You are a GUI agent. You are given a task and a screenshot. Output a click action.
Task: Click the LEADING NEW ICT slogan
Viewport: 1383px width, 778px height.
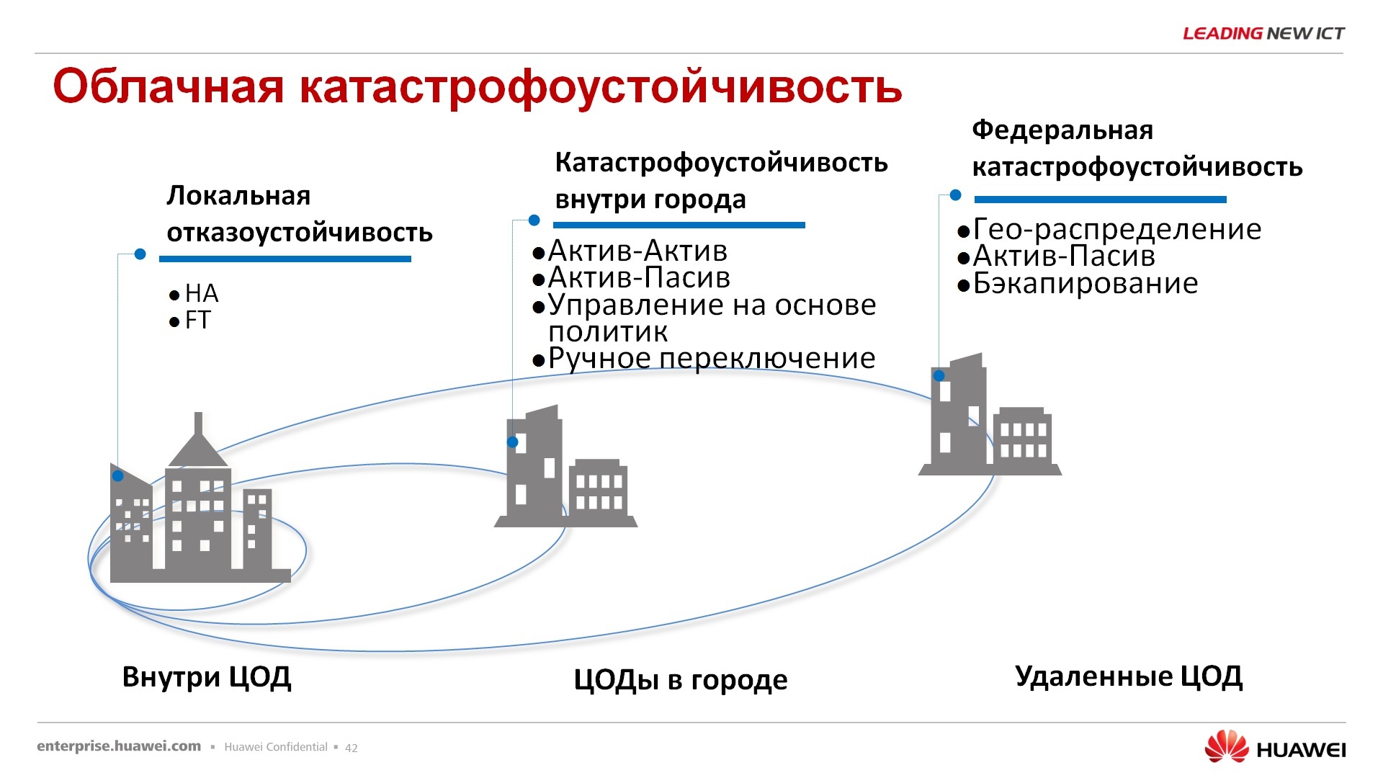pos(1263,33)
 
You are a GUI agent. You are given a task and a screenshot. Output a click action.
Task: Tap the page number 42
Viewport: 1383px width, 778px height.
pos(352,748)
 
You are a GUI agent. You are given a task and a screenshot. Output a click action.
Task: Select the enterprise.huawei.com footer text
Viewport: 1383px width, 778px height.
pos(119,746)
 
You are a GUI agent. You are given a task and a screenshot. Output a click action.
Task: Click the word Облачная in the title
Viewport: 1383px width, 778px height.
pos(169,86)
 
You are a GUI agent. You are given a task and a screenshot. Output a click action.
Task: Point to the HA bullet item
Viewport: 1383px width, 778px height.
pos(201,294)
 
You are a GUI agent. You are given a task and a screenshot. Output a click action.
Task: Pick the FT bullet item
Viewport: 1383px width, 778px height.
pos(197,321)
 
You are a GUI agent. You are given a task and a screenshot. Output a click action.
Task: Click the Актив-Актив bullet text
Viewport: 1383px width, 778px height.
pos(637,251)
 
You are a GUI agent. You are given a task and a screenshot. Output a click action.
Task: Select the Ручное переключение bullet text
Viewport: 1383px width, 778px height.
pos(712,359)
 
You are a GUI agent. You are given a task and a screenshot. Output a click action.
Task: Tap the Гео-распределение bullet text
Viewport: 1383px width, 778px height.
pos(1116,230)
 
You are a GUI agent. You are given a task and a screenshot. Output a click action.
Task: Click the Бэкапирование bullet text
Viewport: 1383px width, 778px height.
pos(1085,284)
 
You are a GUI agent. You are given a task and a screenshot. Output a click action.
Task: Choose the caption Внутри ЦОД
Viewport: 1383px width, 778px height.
pos(207,677)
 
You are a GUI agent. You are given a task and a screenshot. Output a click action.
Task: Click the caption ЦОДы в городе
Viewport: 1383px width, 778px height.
pos(681,680)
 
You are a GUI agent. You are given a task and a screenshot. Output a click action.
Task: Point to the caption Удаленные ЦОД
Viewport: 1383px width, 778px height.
pos(1129,676)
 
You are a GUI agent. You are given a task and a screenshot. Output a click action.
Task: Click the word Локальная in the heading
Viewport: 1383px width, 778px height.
pos(238,196)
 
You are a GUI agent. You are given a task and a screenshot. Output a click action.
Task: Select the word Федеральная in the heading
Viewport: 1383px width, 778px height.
pos(1062,130)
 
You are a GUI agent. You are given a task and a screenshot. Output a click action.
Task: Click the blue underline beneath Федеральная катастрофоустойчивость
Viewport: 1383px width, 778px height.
pos(1100,200)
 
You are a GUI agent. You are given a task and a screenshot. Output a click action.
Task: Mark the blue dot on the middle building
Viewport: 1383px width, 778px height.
pos(513,442)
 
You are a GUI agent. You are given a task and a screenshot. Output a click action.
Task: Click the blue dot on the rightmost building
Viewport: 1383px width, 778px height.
pos(939,376)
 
